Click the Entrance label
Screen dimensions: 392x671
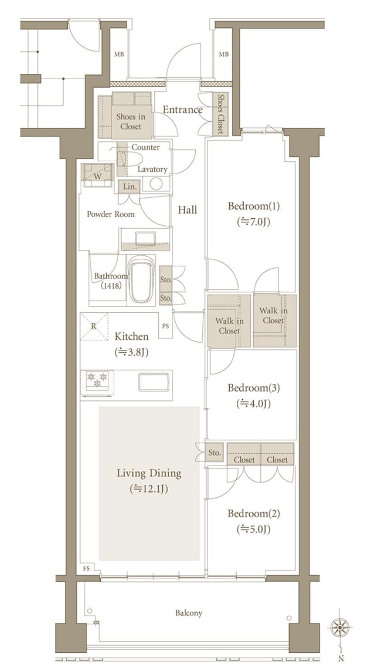pyautogui.click(x=182, y=110)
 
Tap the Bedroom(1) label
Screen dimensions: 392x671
pyautogui.click(x=254, y=206)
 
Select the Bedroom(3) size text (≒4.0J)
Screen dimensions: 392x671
pyautogui.click(x=254, y=404)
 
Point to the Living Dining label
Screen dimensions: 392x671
pyautogui.click(x=149, y=473)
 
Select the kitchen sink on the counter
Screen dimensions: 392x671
pyautogui.click(x=154, y=382)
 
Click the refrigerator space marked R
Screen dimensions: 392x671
pyautogui.click(x=94, y=326)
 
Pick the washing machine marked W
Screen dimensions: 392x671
pyautogui.click(x=98, y=175)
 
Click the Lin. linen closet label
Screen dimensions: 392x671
pyautogui.click(x=130, y=187)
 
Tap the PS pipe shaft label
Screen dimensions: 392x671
pyautogui.click(x=166, y=326)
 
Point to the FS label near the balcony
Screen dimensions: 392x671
pyautogui.click(x=87, y=569)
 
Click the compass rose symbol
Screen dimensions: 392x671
pyautogui.click(x=341, y=627)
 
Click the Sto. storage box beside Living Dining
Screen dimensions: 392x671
pyautogui.click(x=215, y=452)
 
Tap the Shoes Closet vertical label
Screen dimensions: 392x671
pyautogui.click(x=220, y=114)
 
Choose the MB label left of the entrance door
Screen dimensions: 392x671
pyautogui.click(x=119, y=54)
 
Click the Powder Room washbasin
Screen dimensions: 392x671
pyautogui.click(x=145, y=239)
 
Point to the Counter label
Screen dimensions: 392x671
pyautogui.click(x=145, y=147)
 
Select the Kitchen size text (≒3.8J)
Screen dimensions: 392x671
pyautogui.click(x=131, y=352)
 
